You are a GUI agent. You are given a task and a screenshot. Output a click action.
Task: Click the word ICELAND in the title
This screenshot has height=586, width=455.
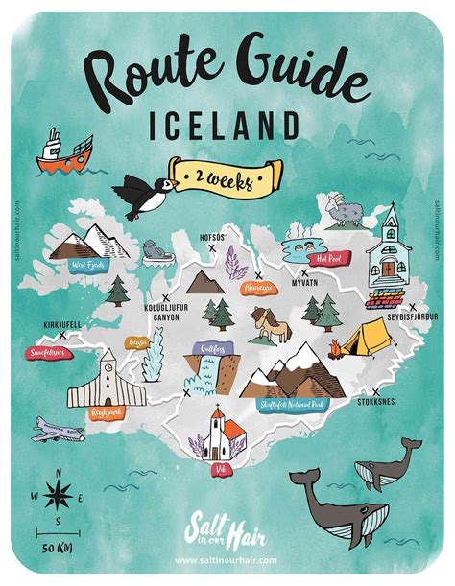(227, 126)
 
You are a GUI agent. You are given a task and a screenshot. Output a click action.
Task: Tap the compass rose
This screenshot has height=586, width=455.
(59, 495)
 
